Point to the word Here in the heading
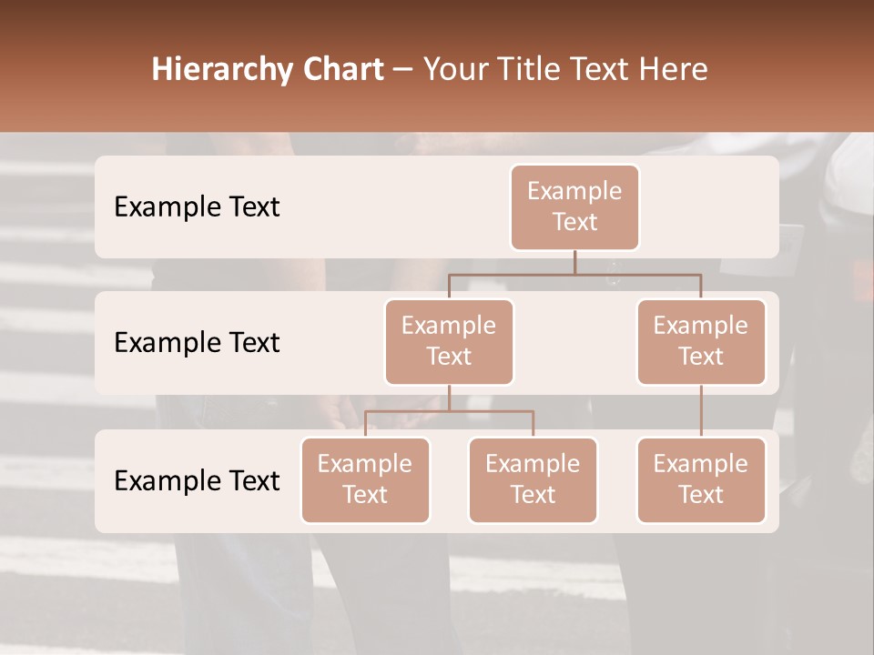point(674,70)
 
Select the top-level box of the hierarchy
point(574,207)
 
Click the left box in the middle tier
point(449,342)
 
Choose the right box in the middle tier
point(701,342)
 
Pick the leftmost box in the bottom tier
point(365,480)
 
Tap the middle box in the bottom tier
point(533,480)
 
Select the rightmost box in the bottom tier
point(701,480)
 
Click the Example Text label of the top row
point(197,207)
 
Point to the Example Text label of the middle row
point(197,343)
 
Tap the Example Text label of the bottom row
point(197,480)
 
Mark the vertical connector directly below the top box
point(574,262)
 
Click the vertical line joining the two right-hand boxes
point(701,411)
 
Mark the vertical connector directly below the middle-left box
point(449,398)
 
